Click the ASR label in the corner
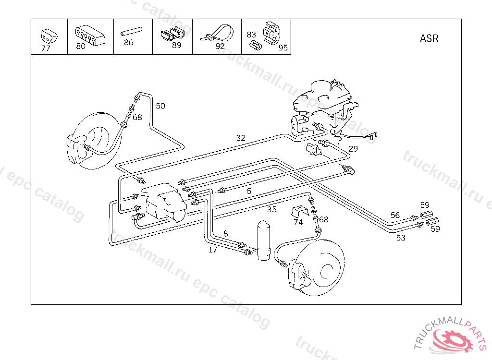tap(429, 38)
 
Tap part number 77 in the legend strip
tap(46, 48)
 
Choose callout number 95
tap(283, 48)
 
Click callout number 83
tap(251, 35)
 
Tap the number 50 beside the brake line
tap(160, 106)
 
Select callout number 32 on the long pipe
tap(241, 138)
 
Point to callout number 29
tap(353, 149)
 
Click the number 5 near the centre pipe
tap(249, 191)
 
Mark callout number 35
tap(272, 209)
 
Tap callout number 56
tap(395, 215)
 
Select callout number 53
tap(401, 238)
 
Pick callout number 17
tap(213, 250)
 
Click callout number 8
tap(225, 234)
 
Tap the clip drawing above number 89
tap(172, 34)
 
